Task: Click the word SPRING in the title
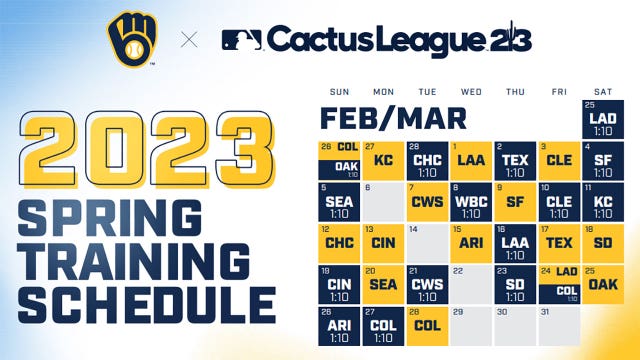tap(113, 212)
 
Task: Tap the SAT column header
tap(601, 89)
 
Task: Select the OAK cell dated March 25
tap(601, 284)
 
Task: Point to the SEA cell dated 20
tap(381, 284)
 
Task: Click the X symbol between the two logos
tap(188, 40)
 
